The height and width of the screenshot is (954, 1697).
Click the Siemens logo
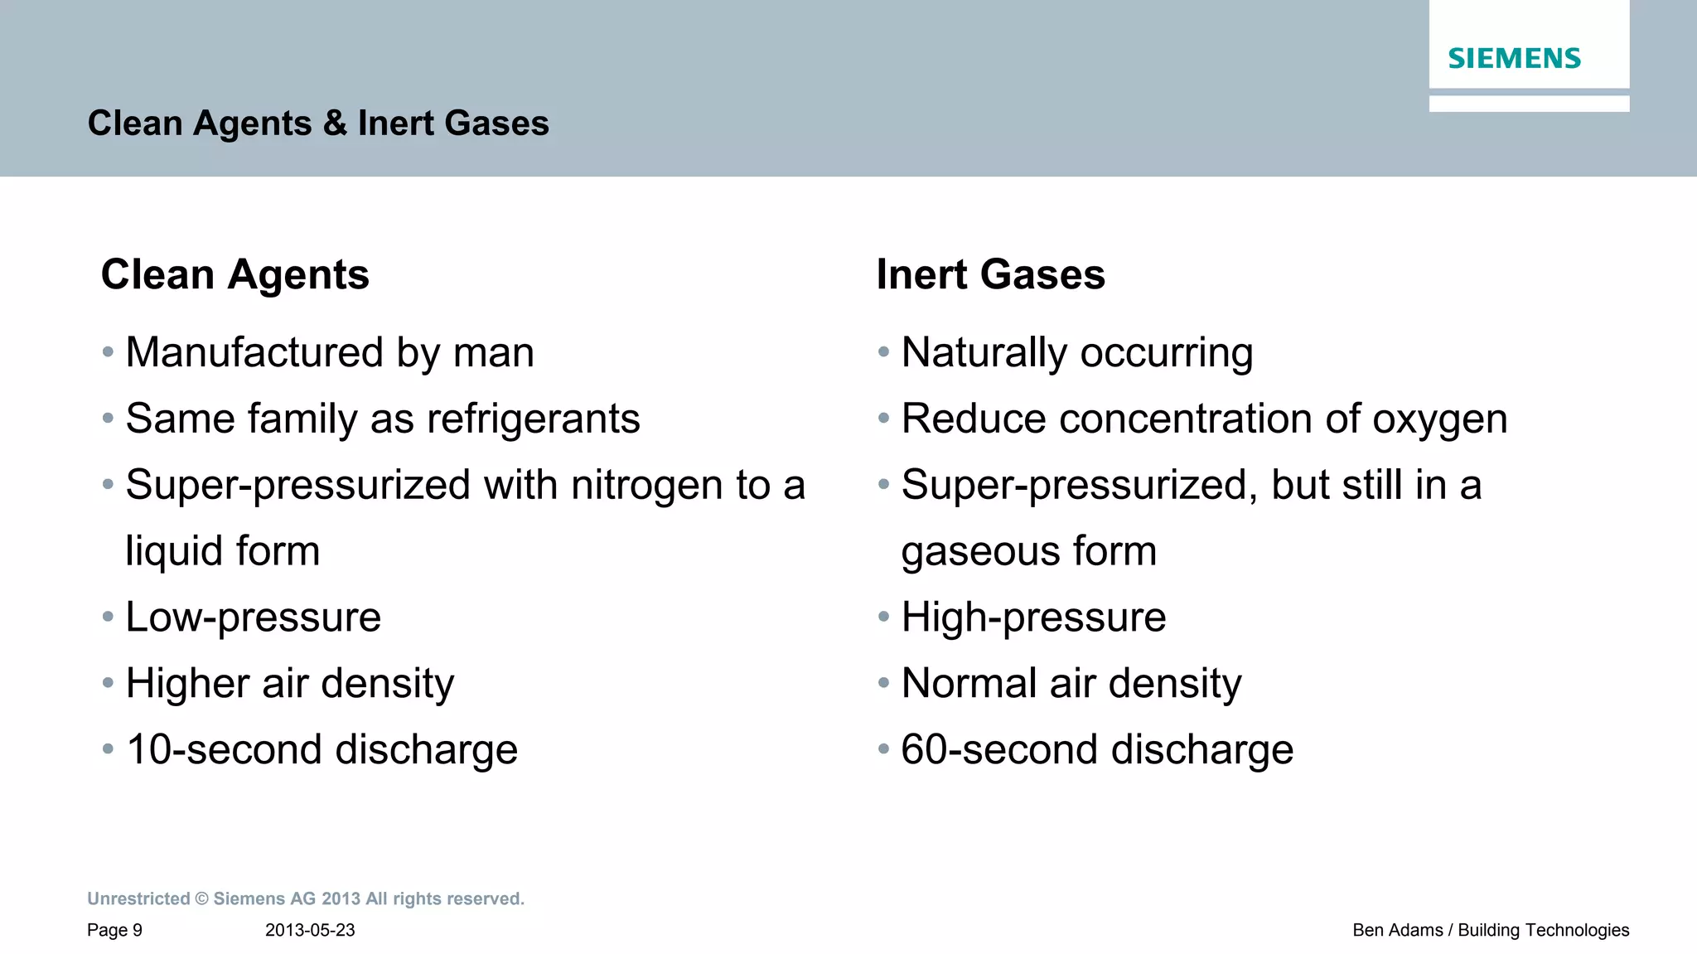1514,58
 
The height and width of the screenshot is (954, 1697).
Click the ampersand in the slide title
335,123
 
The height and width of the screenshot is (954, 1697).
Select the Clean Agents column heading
234,274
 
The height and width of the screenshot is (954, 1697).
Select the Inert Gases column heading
990,274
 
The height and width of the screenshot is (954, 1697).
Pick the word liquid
173,551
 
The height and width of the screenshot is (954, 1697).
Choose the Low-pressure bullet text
253,617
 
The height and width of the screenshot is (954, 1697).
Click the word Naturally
984,352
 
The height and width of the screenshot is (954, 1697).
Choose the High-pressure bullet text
1033,617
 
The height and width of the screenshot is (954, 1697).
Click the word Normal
968,684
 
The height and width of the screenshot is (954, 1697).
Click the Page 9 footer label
114,930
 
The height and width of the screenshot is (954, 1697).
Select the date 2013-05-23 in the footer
310,930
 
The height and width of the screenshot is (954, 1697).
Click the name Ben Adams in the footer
1397,930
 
